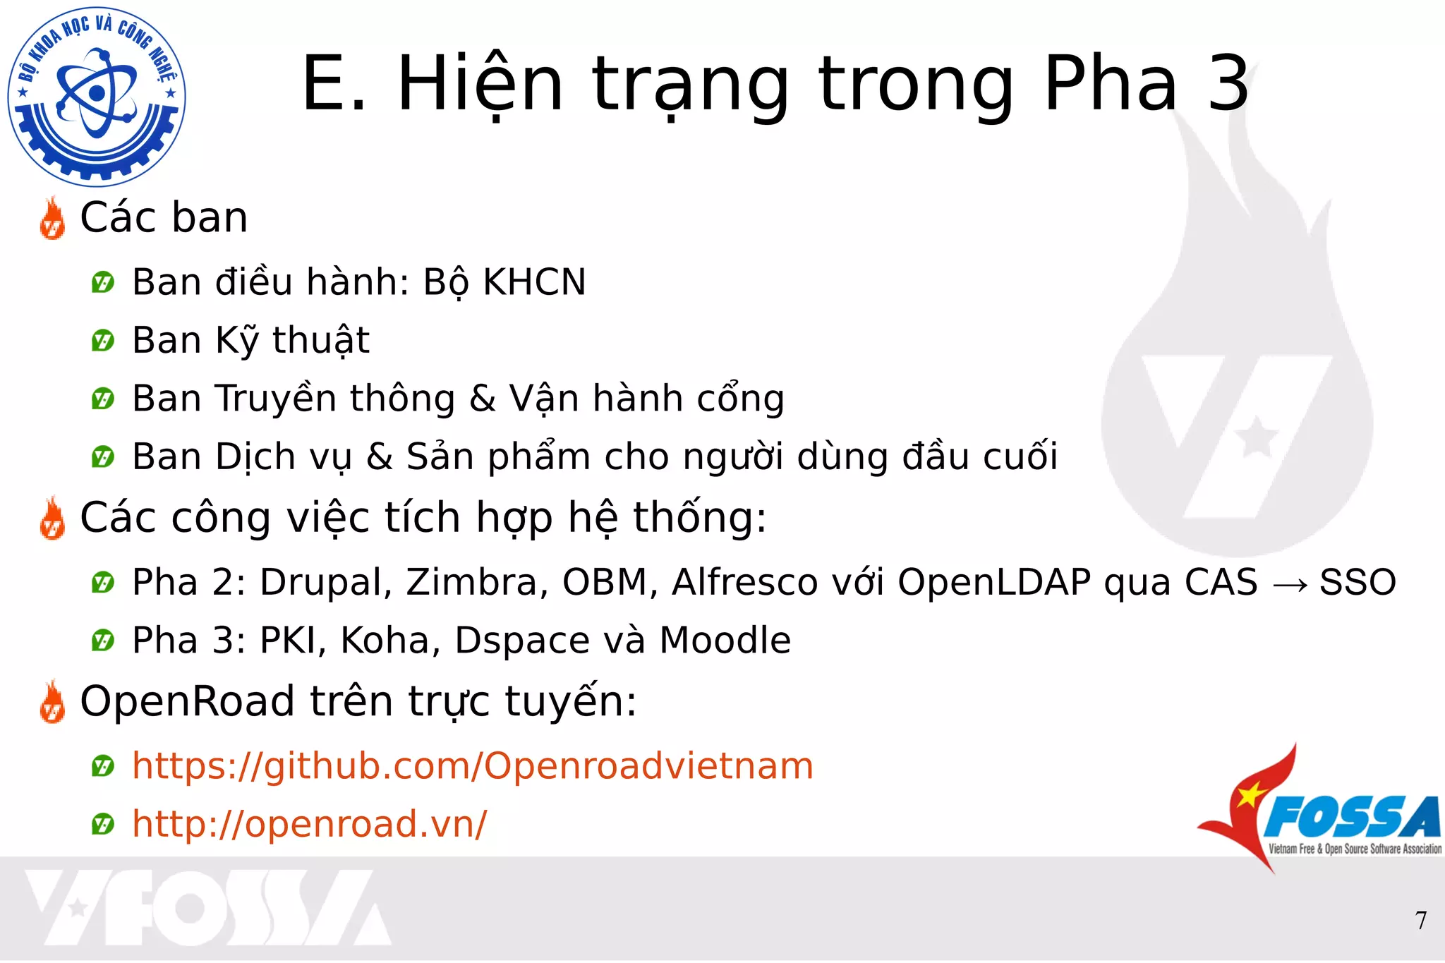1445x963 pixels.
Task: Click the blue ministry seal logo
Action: point(97,97)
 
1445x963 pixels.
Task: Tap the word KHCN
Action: point(533,282)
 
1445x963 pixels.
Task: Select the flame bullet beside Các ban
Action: point(52,219)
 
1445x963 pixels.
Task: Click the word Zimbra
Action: point(477,583)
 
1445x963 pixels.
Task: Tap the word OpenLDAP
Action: point(994,583)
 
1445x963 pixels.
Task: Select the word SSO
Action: point(1358,583)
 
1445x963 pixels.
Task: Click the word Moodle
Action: point(725,641)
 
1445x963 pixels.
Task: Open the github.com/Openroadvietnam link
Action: point(473,766)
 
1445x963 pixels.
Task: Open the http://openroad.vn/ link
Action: point(309,824)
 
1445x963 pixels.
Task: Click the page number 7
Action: point(1421,921)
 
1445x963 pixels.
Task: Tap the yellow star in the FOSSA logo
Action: point(1250,795)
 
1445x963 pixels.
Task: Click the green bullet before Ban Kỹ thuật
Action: point(103,341)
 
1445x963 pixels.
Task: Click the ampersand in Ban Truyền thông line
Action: point(483,399)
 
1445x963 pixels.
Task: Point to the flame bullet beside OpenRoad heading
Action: point(52,703)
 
